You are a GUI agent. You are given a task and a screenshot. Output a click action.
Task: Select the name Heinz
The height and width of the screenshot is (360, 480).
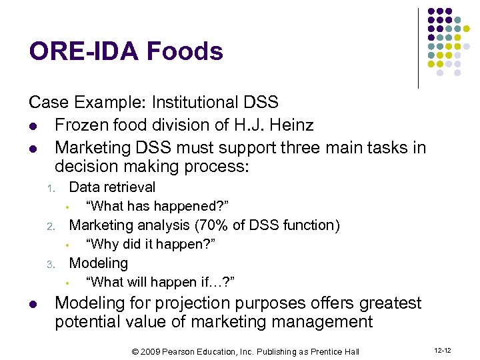coord(291,125)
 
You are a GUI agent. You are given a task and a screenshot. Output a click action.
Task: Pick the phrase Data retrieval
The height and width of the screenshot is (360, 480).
coord(112,187)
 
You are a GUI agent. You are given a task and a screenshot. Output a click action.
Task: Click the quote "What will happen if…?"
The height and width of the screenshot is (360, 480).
coord(160,282)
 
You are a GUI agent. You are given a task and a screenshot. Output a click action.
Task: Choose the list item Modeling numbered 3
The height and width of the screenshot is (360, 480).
coord(99,263)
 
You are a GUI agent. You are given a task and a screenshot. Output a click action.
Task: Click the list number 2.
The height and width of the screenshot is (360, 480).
coord(50,227)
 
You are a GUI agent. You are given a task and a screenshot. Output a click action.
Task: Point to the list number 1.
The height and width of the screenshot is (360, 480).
coord(50,189)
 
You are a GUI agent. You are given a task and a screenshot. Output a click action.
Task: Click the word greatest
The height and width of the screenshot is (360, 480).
coord(382,303)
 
